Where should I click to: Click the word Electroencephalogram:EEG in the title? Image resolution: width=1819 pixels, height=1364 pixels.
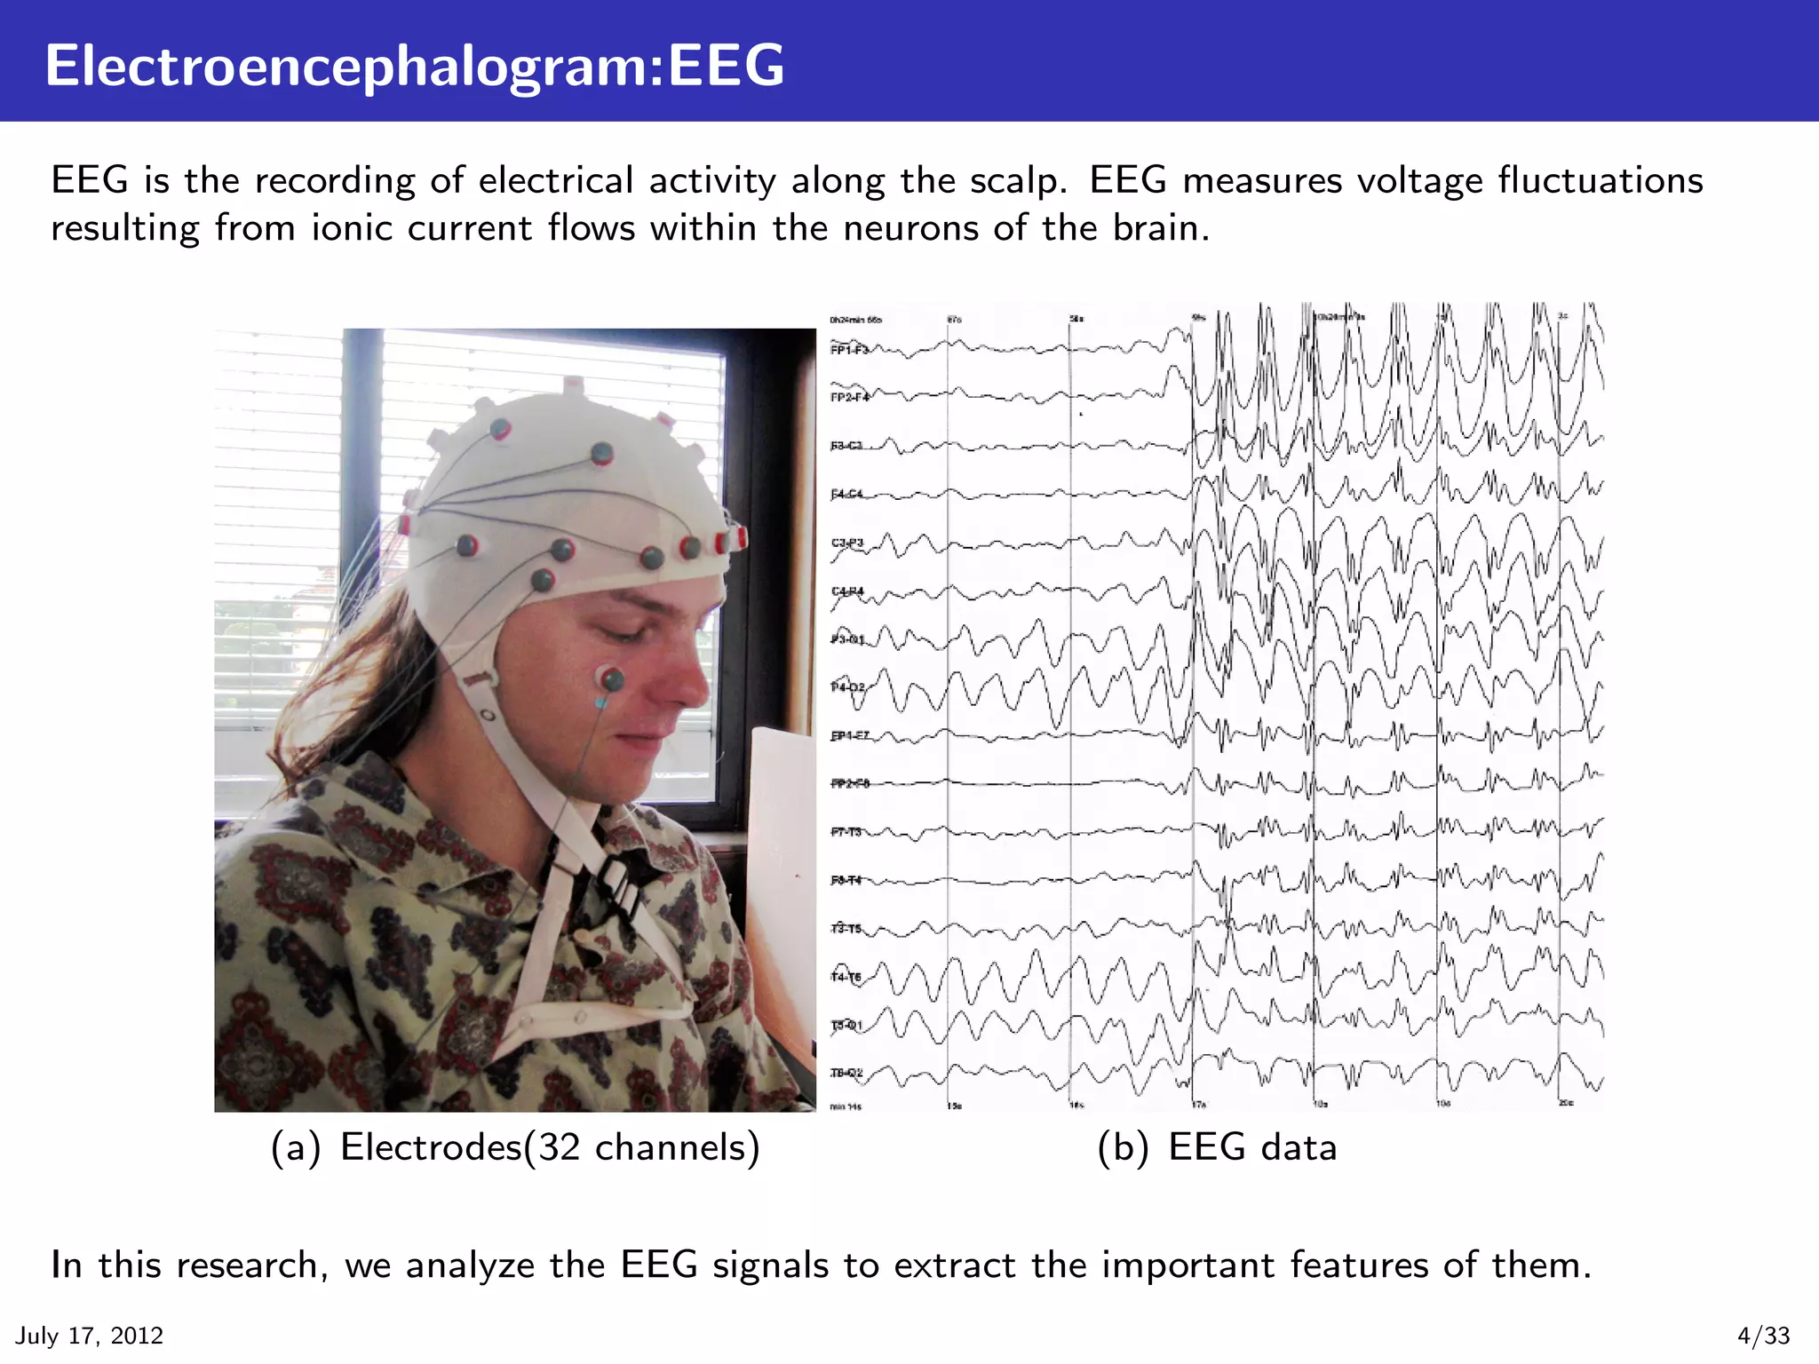point(415,67)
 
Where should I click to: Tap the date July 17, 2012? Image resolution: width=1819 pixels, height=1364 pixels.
point(90,1336)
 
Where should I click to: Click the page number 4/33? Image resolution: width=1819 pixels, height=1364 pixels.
point(1764,1336)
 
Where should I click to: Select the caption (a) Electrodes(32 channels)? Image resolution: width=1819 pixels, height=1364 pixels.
point(515,1147)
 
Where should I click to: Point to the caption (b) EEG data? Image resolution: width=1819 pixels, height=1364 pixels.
point(1217,1147)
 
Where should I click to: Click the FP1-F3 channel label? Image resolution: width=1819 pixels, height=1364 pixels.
point(848,350)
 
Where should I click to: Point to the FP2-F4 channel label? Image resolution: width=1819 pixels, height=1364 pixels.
point(849,397)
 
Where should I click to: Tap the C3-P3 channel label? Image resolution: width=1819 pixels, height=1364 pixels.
point(847,543)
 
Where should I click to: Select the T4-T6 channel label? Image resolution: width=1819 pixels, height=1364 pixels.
point(846,977)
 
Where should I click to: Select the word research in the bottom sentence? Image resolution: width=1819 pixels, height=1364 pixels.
point(247,1265)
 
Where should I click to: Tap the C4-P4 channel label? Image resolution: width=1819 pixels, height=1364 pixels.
point(847,591)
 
